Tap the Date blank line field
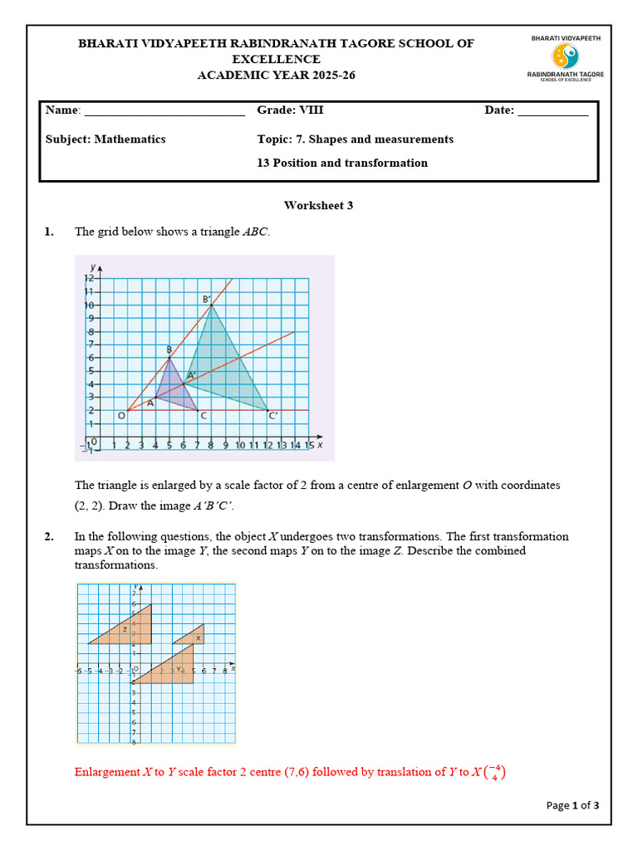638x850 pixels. (552, 111)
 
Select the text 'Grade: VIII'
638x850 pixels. (290, 110)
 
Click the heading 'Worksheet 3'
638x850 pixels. (318, 205)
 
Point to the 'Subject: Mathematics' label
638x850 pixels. (106, 139)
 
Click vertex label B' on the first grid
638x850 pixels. (206, 299)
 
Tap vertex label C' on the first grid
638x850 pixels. (272, 417)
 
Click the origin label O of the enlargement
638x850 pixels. (120, 416)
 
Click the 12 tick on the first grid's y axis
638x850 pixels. (88, 279)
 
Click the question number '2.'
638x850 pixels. (49, 537)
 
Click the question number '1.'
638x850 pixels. (49, 232)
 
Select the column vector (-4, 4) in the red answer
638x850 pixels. (498, 773)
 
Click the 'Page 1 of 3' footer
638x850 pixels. (572, 805)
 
